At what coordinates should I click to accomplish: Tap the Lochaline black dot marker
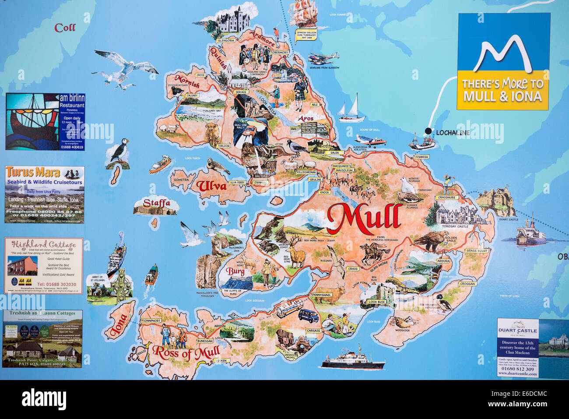point(428,131)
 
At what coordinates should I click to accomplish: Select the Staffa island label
point(156,203)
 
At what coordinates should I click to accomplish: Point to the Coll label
point(65,28)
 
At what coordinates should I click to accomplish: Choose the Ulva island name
point(211,185)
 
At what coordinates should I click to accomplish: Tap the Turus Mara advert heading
point(33,172)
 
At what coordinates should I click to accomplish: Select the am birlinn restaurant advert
point(45,122)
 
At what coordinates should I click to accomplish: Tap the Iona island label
point(119,325)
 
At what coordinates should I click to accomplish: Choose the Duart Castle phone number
point(518,369)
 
